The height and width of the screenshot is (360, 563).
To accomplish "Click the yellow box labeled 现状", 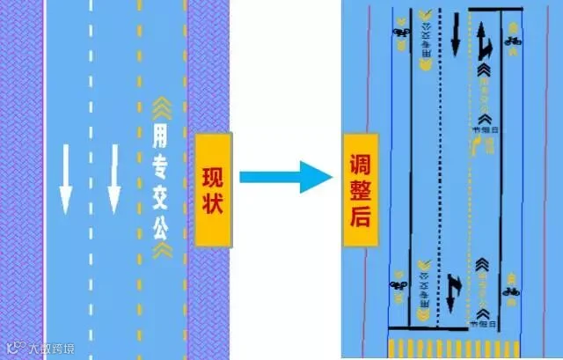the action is [x=213, y=189].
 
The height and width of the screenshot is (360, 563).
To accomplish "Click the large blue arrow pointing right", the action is [x=282, y=176].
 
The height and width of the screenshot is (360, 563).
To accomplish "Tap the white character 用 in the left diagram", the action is [x=158, y=136].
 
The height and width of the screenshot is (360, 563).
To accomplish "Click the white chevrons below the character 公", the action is [x=158, y=251].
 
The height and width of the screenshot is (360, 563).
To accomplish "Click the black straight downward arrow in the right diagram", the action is [x=456, y=35].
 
